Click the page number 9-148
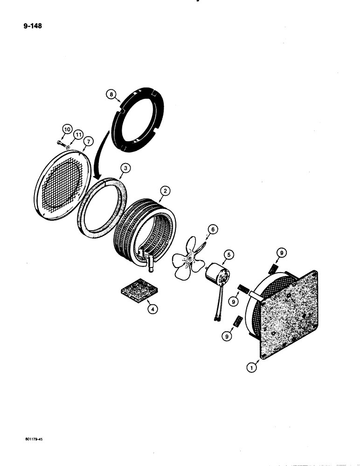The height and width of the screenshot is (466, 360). click(x=31, y=27)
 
